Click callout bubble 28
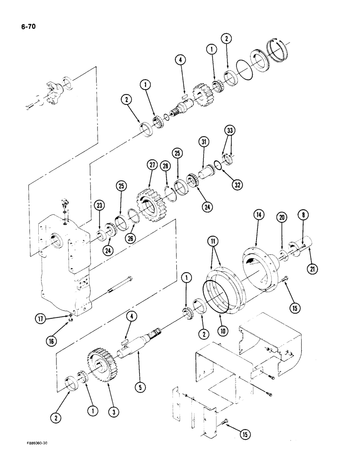coord(165,167)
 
